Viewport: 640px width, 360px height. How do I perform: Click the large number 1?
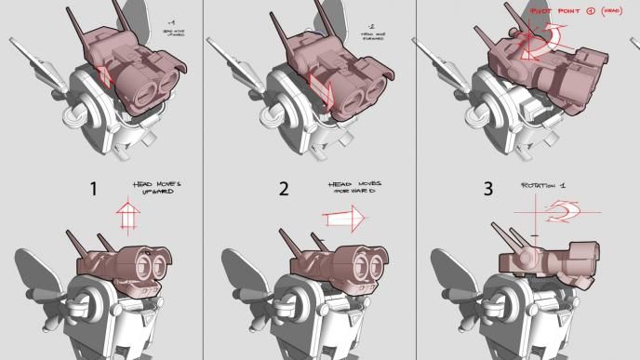pos(93,190)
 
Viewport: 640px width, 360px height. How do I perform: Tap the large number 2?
pos(284,190)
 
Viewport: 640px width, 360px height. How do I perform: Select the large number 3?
pos(488,190)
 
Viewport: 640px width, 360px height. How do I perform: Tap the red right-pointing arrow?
pos(344,219)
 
